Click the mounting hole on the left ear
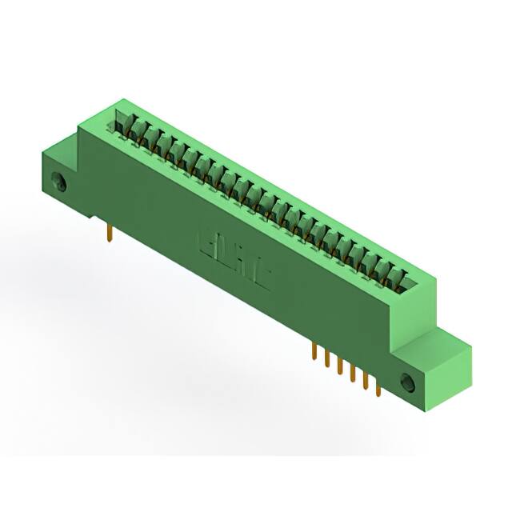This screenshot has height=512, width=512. (x=58, y=182)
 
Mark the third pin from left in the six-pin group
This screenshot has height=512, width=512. (x=338, y=366)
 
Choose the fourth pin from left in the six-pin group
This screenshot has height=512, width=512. (x=351, y=374)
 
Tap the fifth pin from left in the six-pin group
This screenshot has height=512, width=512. (x=365, y=382)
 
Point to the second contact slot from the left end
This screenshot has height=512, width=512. (x=137, y=130)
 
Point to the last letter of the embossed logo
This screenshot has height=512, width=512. (x=262, y=276)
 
